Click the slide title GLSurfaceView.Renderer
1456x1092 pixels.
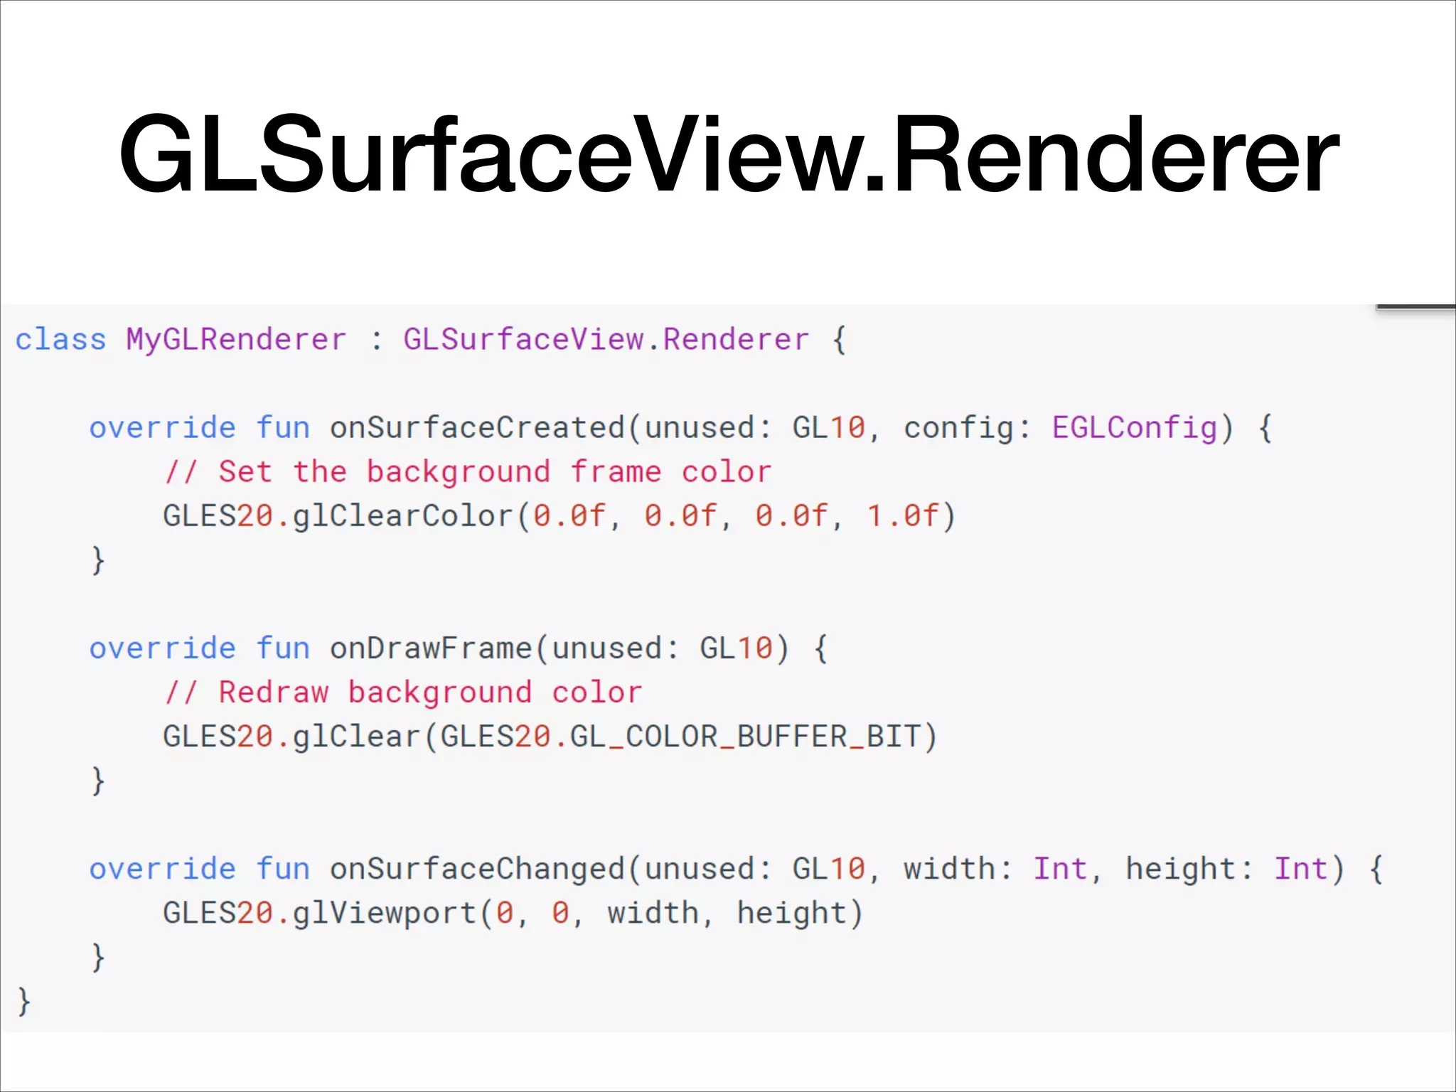tap(728, 155)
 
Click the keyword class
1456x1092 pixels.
tap(60, 340)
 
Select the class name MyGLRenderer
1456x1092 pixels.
tap(236, 340)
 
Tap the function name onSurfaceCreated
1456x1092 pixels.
tap(476, 428)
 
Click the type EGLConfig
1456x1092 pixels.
tap(1135, 428)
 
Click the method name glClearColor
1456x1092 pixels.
tap(402, 516)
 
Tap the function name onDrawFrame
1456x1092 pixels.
tap(430, 648)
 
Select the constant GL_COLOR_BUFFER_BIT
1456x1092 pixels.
tap(744, 737)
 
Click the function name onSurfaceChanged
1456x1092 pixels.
tap(476, 869)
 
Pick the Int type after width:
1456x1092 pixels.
tap(1060, 869)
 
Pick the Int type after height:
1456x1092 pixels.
tap(1300, 869)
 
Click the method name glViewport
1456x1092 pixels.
tap(384, 913)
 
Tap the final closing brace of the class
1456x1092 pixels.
tap(24, 1001)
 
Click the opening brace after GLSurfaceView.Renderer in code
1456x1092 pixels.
tap(839, 340)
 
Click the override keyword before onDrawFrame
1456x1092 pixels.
tap(162, 648)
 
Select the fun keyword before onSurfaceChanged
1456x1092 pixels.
tap(283, 869)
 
